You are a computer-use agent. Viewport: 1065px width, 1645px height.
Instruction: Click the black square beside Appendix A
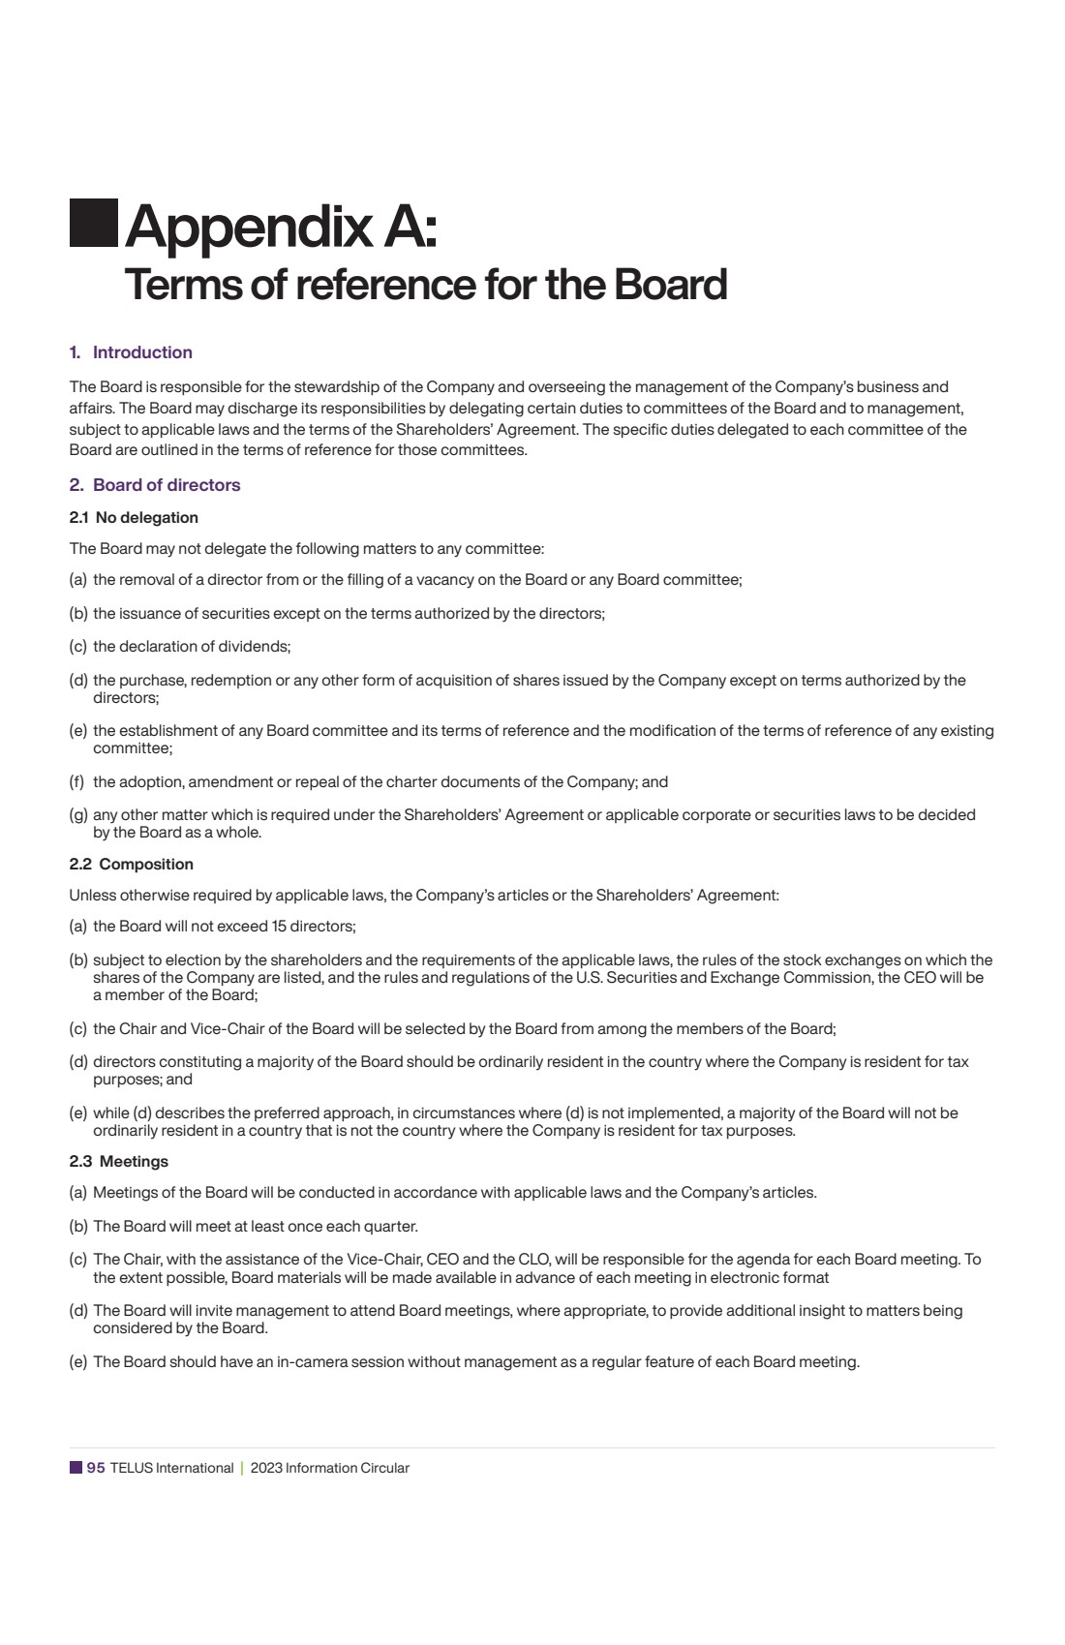pos(94,224)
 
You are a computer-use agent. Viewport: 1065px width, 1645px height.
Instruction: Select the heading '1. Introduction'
pos(131,352)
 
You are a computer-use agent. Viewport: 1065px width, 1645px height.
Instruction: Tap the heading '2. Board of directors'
pos(155,485)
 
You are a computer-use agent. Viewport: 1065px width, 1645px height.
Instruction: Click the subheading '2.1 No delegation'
pos(134,518)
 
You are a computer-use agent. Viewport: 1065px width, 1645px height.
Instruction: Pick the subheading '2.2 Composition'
pos(132,865)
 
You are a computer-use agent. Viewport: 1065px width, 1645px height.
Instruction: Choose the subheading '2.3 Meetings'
pos(119,1162)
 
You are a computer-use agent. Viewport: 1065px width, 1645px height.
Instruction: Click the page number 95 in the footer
pos(96,1468)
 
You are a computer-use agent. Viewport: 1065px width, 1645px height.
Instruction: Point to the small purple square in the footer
pos(76,1468)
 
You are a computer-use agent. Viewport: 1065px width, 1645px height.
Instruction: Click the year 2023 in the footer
pos(266,1468)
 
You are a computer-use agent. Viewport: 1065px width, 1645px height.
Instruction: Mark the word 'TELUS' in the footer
pos(131,1468)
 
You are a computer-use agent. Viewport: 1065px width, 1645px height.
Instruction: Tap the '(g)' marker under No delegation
pos(78,815)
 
